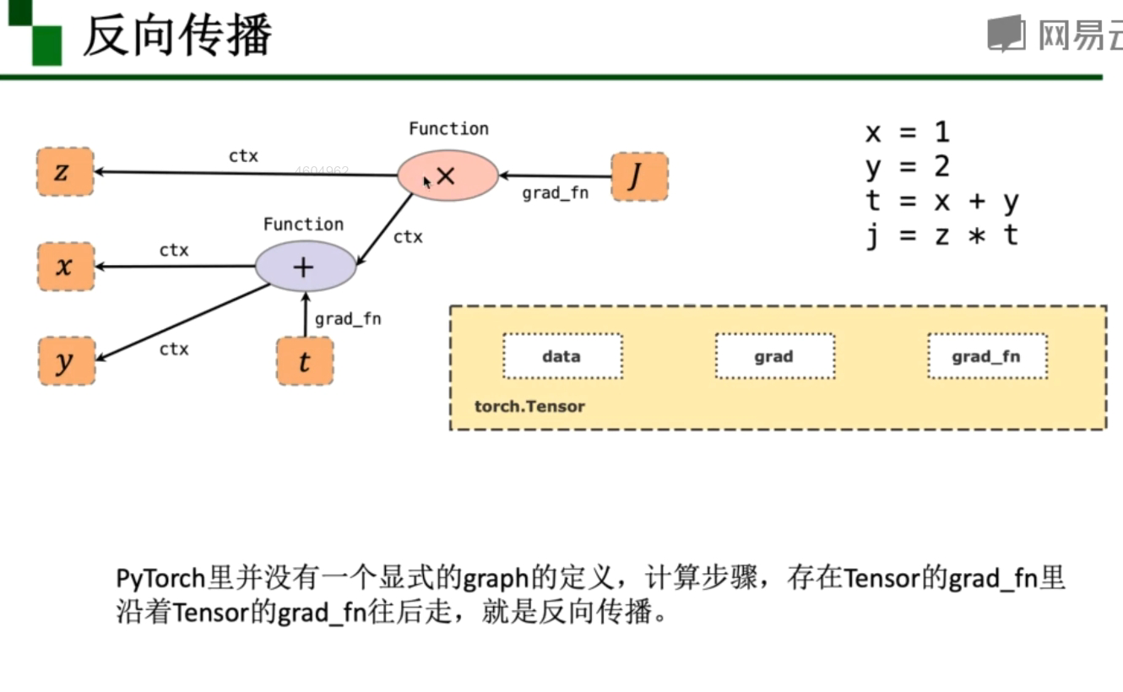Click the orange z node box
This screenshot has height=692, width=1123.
click(x=65, y=172)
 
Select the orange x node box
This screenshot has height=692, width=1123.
click(x=65, y=267)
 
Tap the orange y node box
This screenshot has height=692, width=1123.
click(x=65, y=361)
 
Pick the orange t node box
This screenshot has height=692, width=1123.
click(x=305, y=361)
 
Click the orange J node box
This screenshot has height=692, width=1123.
click(x=639, y=176)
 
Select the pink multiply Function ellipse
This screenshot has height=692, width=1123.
click(x=448, y=176)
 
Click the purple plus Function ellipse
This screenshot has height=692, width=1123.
click(x=305, y=267)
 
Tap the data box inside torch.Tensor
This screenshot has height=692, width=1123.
click(x=562, y=356)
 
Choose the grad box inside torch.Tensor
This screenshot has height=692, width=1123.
click(x=774, y=356)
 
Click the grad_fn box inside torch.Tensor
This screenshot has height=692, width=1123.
click(x=986, y=356)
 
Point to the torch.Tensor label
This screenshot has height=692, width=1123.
click(x=529, y=406)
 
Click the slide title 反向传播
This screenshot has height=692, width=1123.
click(x=177, y=35)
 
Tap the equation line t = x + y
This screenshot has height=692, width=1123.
click(x=941, y=202)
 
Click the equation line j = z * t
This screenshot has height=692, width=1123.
click(x=941, y=235)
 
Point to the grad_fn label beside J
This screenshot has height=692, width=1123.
click(x=555, y=193)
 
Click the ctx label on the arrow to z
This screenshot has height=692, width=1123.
click(x=243, y=156)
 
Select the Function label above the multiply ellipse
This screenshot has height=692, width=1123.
click(x=448, y=128)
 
